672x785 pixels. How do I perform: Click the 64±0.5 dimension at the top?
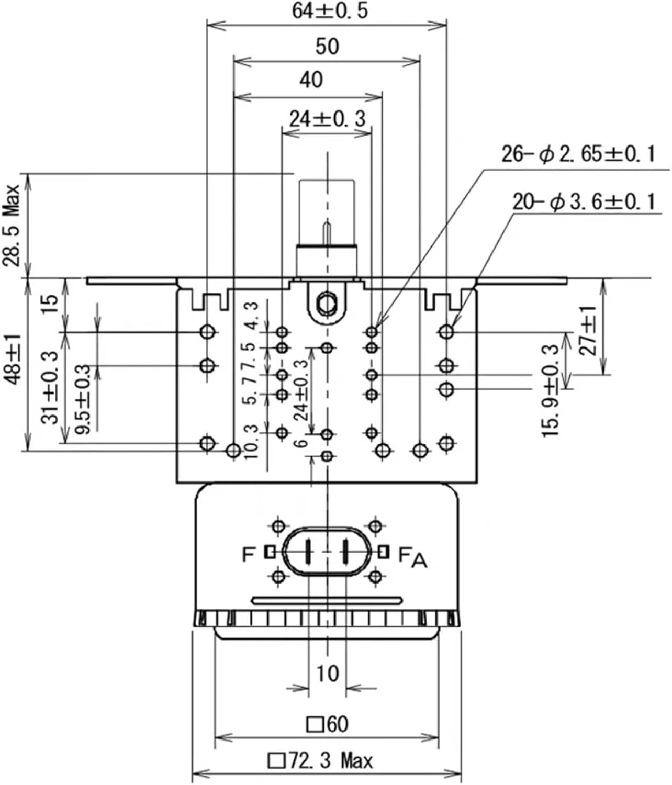[x=329, y=11]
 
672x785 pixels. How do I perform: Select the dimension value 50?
[x=327, y=47]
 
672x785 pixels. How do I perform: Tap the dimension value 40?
[x=311, y=80]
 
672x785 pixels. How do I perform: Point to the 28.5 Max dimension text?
[x=12, y=225]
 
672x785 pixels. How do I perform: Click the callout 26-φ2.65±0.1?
[x=578, y=154]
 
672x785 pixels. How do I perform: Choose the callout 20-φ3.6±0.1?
[x=584, y=201]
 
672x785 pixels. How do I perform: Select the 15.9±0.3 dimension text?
[x=551, y=390]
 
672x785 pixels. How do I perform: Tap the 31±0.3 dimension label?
[x=50, y=387]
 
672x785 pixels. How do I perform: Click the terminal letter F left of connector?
[x=249, y=554]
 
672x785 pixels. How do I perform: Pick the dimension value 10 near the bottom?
[x=327, y=673]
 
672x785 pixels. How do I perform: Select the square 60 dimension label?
[x=327, y=724]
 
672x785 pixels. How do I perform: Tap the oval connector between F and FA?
[x=327, y=552]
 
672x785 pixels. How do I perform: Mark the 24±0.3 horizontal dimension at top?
[x=327, y=119]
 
